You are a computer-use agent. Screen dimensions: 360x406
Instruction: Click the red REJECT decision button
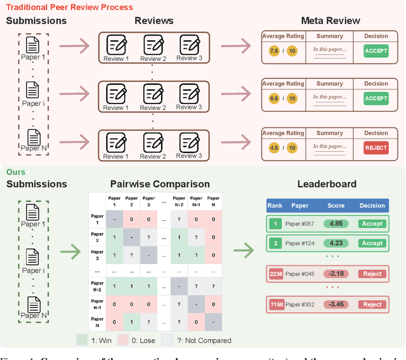click(x=376, y=148)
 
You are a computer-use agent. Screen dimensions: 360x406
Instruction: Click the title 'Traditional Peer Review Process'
click(x=70, y=7)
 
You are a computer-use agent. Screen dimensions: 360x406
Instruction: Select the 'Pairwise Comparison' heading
click(x=160, y=184)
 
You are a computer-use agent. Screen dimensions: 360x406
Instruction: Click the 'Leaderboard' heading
click(x=327, y=184)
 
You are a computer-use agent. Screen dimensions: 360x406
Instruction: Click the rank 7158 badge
click(x=277, y=304)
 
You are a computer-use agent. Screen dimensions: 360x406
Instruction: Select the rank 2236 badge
click(x=277, y=274)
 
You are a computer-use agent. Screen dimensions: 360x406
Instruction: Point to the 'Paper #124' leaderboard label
click(x=300, y=243)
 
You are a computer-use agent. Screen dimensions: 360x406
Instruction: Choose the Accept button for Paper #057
click(x=372, y=223)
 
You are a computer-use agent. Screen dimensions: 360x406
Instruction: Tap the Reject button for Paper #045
click(x=372, y=274)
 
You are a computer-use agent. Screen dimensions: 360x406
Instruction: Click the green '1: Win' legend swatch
click(x=82, y=340)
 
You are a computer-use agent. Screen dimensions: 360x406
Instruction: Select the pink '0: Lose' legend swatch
click(x=124, y=340)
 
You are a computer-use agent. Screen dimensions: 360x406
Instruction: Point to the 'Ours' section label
click(x=16, y=172)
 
